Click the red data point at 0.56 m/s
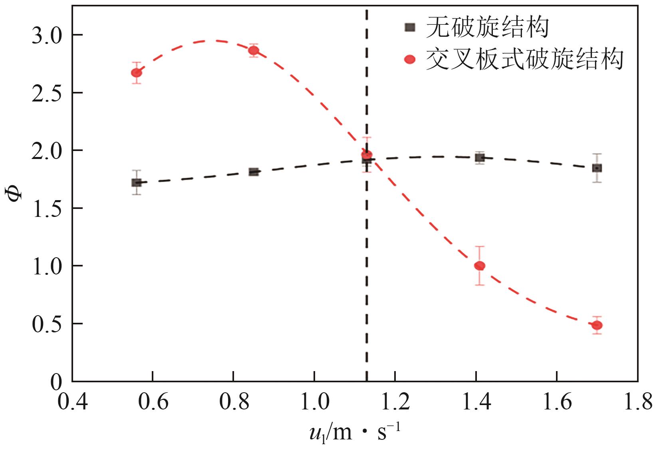pyautogui.click(x=137, y=73)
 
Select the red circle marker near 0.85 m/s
pyautogui.click(x=254, y=51)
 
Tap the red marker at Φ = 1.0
pyautogui.click(x=480, y=266)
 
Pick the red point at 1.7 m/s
pyautogui.click(x=597, y=325)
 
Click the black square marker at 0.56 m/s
pyautogui.click(x=137, y=183)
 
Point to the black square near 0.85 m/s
pyautogui.click(x=254, y=172)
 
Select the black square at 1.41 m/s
pyautogui.click(x=480, y=158)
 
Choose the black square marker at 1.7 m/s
pyautogui.click(x=597, y=168)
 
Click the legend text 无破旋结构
pyautogui.click(x=487, y=27)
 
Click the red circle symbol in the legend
pyautogui.click(x=410, y=60)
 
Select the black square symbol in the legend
pyautogui.click(x=410, y=27)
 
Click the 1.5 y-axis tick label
pyautogui.click(x=47, y=209)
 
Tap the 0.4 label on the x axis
pyautogui.click(x=72, y=401)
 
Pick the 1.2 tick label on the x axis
pyautogui.click(x=395, y=401)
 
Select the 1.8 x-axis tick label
pyautogui.click(x=637, y=401)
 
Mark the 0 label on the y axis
pyautogui.click(x=56, y=382)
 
